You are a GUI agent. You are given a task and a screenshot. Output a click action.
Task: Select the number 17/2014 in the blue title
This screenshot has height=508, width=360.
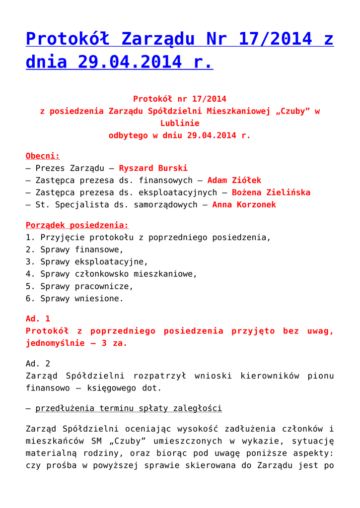tap(273, 39)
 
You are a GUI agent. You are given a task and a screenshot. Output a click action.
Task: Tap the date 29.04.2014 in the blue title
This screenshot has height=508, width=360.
tap(124, 63)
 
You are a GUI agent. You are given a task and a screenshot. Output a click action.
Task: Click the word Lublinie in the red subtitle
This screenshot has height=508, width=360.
tap(180, 124)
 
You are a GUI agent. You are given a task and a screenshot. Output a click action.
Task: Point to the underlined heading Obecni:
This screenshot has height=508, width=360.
tap(43, 156)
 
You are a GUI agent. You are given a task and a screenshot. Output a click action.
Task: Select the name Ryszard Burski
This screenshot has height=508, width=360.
tap(153, 168)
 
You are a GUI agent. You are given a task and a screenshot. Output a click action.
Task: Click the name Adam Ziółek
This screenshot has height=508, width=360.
tap(234, 181)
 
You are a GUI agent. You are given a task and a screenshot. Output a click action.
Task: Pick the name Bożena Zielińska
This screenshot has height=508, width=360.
tap(271, 192)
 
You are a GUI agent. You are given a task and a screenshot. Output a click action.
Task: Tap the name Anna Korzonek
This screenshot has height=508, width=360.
tap(244, 204)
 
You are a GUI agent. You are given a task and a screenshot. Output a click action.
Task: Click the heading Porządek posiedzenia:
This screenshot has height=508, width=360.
tap(77, 225)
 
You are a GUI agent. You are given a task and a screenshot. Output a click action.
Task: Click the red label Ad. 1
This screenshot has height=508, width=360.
tap(38, 319)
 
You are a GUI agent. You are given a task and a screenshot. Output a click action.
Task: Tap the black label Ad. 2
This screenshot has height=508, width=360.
tap(38, 364)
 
